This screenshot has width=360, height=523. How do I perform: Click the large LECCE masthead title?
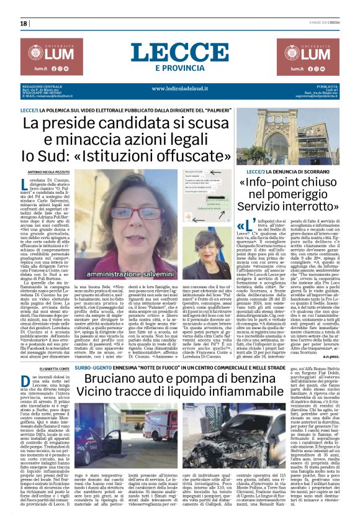(x=179, y=53)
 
